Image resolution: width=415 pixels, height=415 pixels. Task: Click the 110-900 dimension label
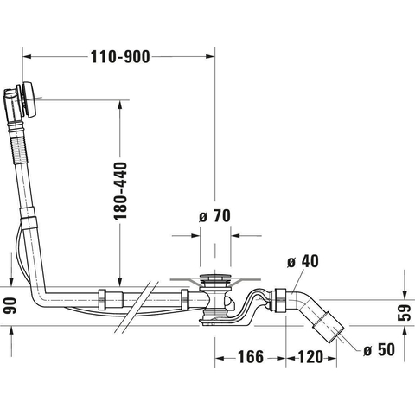click(x=120, y=57)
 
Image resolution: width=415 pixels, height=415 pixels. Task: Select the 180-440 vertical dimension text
click(x=120, y=191)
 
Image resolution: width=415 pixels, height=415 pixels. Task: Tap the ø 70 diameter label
click(x=214, y=216)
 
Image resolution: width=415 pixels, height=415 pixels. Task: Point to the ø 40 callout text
click(x=303, y=261)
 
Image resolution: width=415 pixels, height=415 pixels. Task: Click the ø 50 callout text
click(x=379, y=350)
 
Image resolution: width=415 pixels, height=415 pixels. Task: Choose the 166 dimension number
click(x=251, y=357)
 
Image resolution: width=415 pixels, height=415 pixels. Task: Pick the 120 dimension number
click(x=310, y=357)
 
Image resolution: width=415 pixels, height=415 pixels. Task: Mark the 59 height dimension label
click(x=404, y=313)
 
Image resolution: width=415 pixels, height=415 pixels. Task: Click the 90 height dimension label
click(x=10, y=306)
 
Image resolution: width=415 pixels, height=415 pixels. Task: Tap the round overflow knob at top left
click(x=30, y=99)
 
